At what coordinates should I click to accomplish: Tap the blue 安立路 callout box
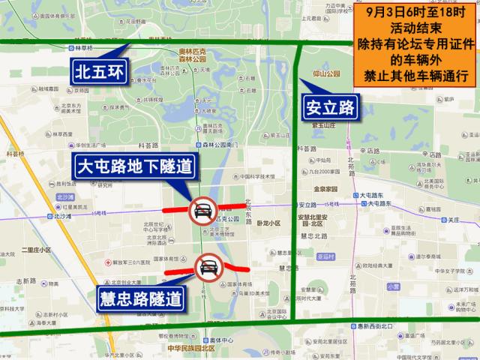point(330,107)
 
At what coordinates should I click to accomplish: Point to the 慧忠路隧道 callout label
point(140,301)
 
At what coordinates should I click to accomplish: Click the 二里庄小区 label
point(36,250)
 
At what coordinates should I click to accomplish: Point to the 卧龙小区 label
point(267,223)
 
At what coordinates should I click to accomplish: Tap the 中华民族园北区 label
point(191,348)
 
